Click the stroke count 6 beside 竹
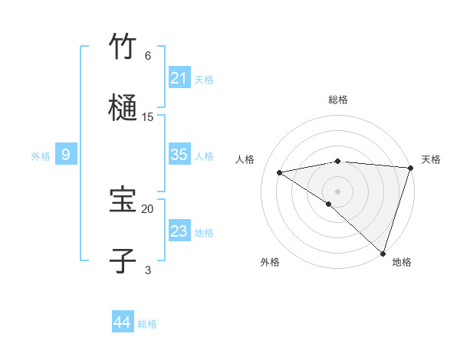148,55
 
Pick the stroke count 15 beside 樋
148,116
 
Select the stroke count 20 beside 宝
148,208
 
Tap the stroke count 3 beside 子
148,270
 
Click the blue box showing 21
179,78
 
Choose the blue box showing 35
179,155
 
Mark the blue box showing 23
179,231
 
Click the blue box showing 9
66,155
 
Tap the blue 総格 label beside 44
147,324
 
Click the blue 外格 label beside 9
41,156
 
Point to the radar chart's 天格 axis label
431,159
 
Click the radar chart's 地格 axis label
402,263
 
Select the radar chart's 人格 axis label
245,159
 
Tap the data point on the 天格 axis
410,168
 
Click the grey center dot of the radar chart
337,191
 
